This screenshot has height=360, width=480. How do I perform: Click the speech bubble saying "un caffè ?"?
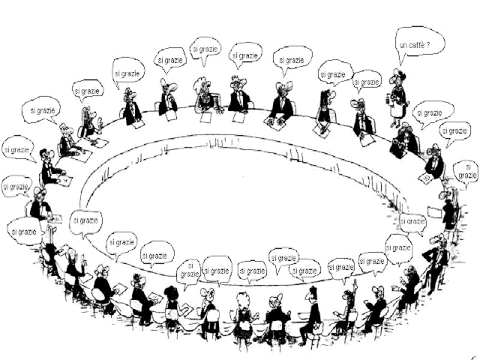coord(419,45)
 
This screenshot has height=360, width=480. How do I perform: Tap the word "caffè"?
coord(421,46)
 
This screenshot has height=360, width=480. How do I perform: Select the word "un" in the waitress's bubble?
coord(406,46)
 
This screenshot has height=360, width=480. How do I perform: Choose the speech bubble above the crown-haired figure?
coord(246,55)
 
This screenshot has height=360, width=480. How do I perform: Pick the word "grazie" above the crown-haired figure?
coord(250,55)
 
